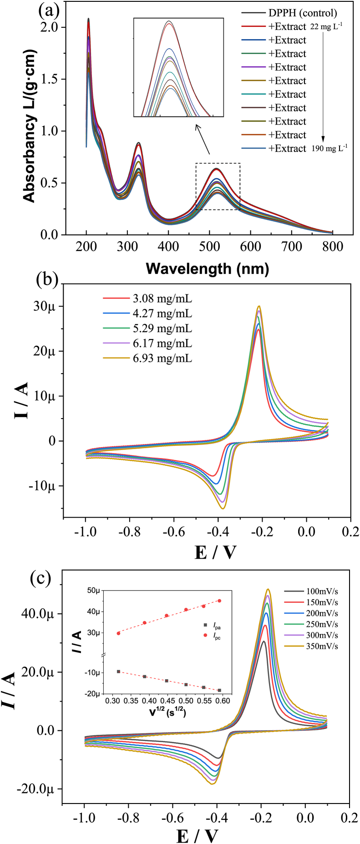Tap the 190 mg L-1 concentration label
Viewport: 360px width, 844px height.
(x=329, y=148)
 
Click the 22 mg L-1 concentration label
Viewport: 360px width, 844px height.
(x=326, y=26)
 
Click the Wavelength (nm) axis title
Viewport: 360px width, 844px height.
(x=207, y=268)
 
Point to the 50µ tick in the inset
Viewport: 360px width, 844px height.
(x=94, y=591)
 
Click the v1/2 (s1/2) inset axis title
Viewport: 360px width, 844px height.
(x=167, y=712)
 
